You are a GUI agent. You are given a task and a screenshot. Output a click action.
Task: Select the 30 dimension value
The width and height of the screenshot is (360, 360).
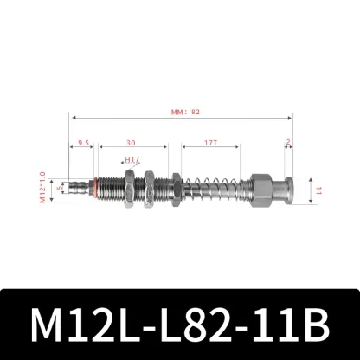coord(130,143)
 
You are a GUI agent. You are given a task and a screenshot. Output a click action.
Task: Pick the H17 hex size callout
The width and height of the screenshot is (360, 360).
coord(132,160)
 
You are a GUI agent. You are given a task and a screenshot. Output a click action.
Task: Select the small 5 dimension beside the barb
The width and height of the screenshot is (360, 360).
coord(59,186)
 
